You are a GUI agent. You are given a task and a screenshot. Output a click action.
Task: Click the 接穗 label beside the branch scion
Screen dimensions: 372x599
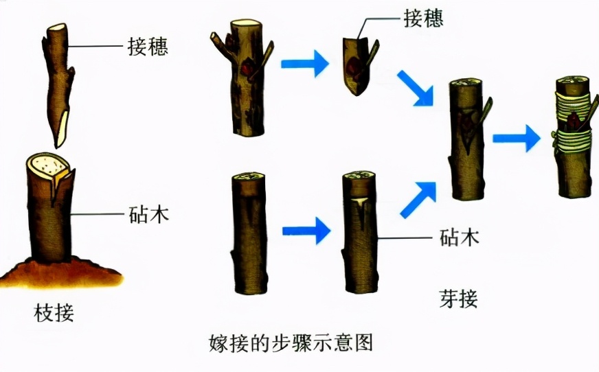click(x=148, y=47)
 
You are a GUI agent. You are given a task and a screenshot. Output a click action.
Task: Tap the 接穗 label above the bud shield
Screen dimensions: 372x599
click(x=424, y=18)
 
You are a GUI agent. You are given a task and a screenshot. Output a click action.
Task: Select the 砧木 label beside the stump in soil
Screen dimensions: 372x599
click(x=148, y=214)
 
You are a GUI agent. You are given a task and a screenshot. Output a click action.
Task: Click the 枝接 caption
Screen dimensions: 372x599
click(x=54, y=313)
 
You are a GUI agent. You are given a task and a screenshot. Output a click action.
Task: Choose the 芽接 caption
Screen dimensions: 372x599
click(x=458, y=299)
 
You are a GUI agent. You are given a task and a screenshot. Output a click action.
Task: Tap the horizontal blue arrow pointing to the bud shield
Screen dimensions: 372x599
click(x=304, y=64)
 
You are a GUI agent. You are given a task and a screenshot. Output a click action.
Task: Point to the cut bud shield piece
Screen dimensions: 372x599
click(x=359, y=65)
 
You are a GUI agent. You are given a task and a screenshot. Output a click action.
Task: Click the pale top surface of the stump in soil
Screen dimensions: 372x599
click(x=47, y=163)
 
